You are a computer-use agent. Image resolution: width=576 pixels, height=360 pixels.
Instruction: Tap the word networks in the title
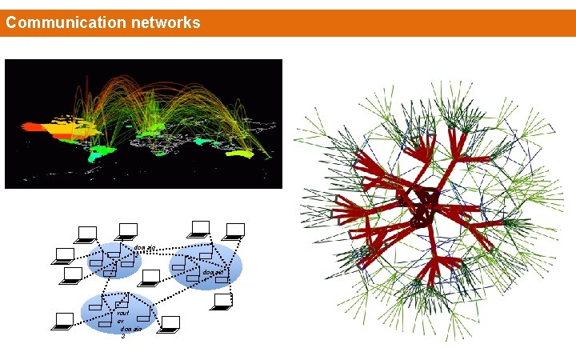[164, 22]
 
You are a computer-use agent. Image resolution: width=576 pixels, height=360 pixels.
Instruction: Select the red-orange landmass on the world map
[37, 126]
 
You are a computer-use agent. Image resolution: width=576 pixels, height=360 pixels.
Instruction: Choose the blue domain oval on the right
[206, 266]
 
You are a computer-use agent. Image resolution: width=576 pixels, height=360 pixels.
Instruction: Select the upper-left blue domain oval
[114, 261]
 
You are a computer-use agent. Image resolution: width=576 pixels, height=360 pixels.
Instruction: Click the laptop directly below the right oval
[224, 302]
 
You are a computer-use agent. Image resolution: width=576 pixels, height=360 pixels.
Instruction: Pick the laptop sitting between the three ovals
[150, 278]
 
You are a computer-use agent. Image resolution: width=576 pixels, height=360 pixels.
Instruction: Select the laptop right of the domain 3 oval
[170, 324]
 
